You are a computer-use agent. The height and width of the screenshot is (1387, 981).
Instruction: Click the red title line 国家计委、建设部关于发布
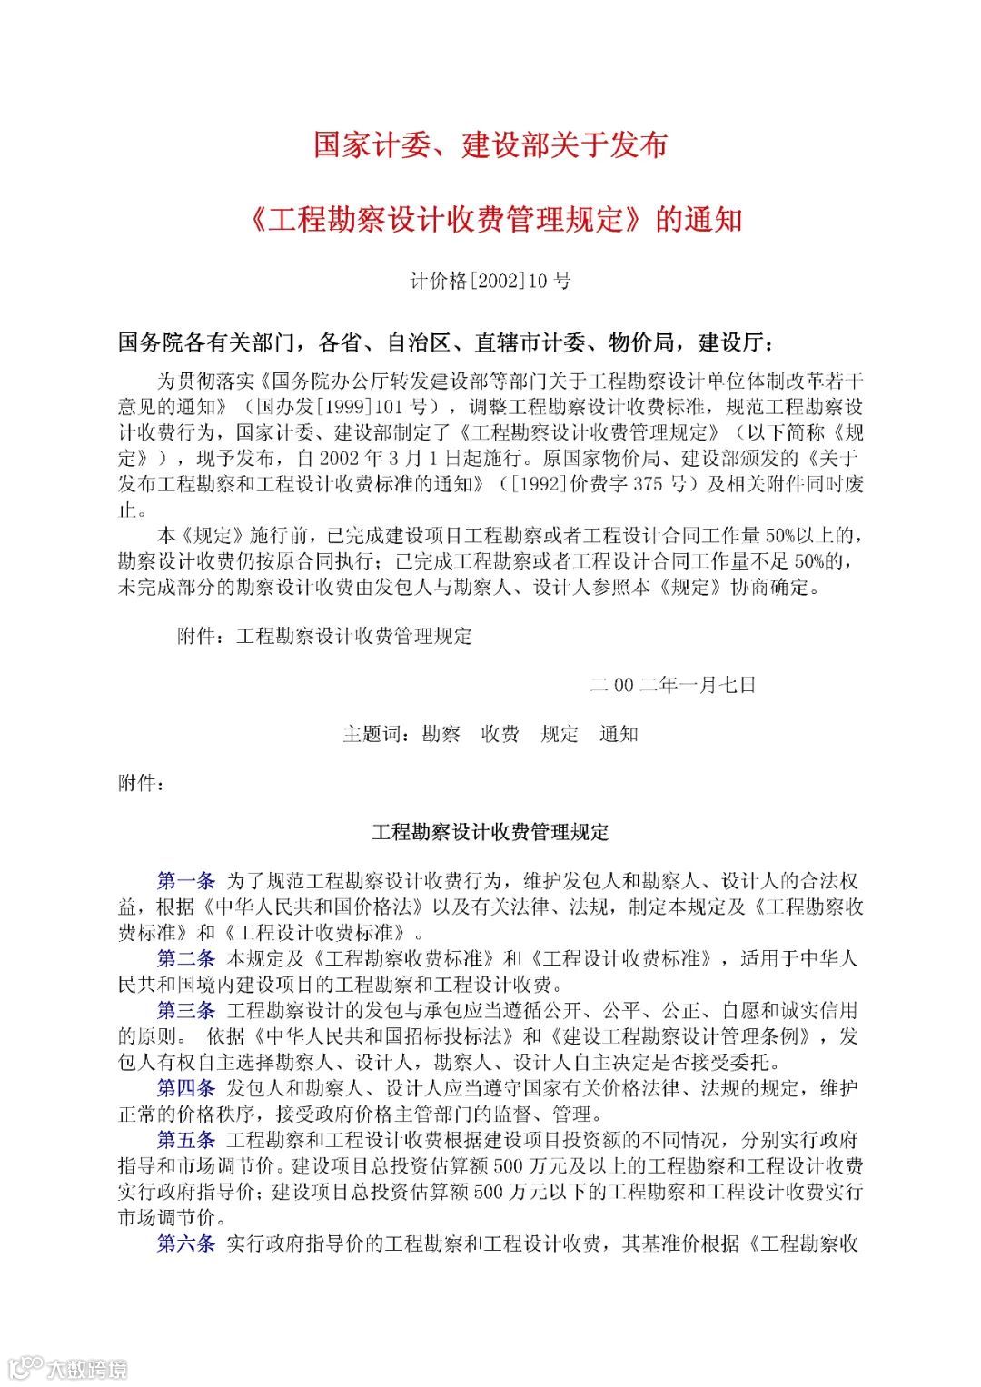490,145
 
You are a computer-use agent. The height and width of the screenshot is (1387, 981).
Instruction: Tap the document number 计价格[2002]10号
490,282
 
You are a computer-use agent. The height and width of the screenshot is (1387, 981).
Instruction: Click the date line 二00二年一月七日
672,685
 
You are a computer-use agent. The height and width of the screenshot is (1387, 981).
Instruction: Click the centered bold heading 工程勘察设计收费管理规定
490,832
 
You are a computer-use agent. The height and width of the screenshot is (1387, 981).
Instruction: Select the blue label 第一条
186,880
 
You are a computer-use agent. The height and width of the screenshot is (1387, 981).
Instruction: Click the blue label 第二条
186,958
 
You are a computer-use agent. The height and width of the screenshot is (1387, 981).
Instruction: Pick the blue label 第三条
186,1011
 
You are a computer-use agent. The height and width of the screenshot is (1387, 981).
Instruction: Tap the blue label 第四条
186,1088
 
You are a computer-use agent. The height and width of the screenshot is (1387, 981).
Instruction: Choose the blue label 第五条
186,1140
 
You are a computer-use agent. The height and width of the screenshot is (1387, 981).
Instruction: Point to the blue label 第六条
186,1243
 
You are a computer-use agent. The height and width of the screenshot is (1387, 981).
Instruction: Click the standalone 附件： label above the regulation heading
142,783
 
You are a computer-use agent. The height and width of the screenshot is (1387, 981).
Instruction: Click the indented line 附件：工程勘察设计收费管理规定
324,636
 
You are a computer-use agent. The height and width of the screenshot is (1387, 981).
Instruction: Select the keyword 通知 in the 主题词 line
619,734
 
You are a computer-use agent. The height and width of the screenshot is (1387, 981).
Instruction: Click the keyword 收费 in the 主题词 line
500,734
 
